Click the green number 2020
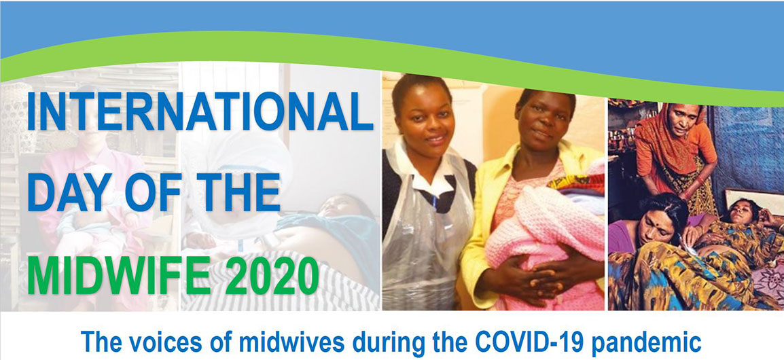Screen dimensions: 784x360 tap(272, 274)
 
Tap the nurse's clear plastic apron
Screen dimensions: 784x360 tap(425, 235)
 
